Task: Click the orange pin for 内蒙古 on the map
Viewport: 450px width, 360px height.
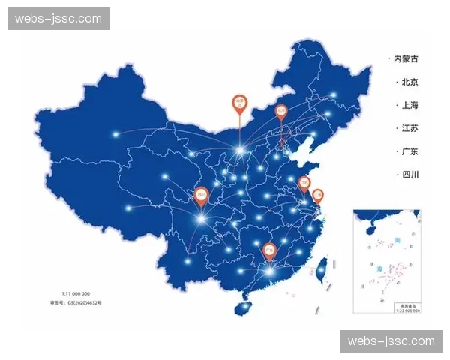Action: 239,103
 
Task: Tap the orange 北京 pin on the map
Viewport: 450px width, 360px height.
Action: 281,112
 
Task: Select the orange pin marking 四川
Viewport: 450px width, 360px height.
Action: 200,195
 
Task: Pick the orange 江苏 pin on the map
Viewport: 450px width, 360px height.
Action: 304,182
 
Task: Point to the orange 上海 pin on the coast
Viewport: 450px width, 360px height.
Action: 318,196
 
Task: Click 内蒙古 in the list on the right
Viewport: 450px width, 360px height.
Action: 403,58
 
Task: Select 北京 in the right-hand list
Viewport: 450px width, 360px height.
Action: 409,82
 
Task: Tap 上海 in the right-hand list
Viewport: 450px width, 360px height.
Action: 409,105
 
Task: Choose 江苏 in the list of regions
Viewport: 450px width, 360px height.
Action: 409,128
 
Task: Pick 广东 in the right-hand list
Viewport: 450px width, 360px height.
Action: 409,151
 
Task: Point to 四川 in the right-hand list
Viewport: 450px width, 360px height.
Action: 409,175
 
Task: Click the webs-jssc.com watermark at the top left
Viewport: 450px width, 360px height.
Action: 58,19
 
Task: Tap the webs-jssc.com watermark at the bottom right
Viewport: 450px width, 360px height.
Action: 391,341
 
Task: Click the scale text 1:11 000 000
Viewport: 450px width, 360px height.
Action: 76,293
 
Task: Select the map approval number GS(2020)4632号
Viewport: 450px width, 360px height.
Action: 76,302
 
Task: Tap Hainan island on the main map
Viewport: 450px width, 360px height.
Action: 241,308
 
